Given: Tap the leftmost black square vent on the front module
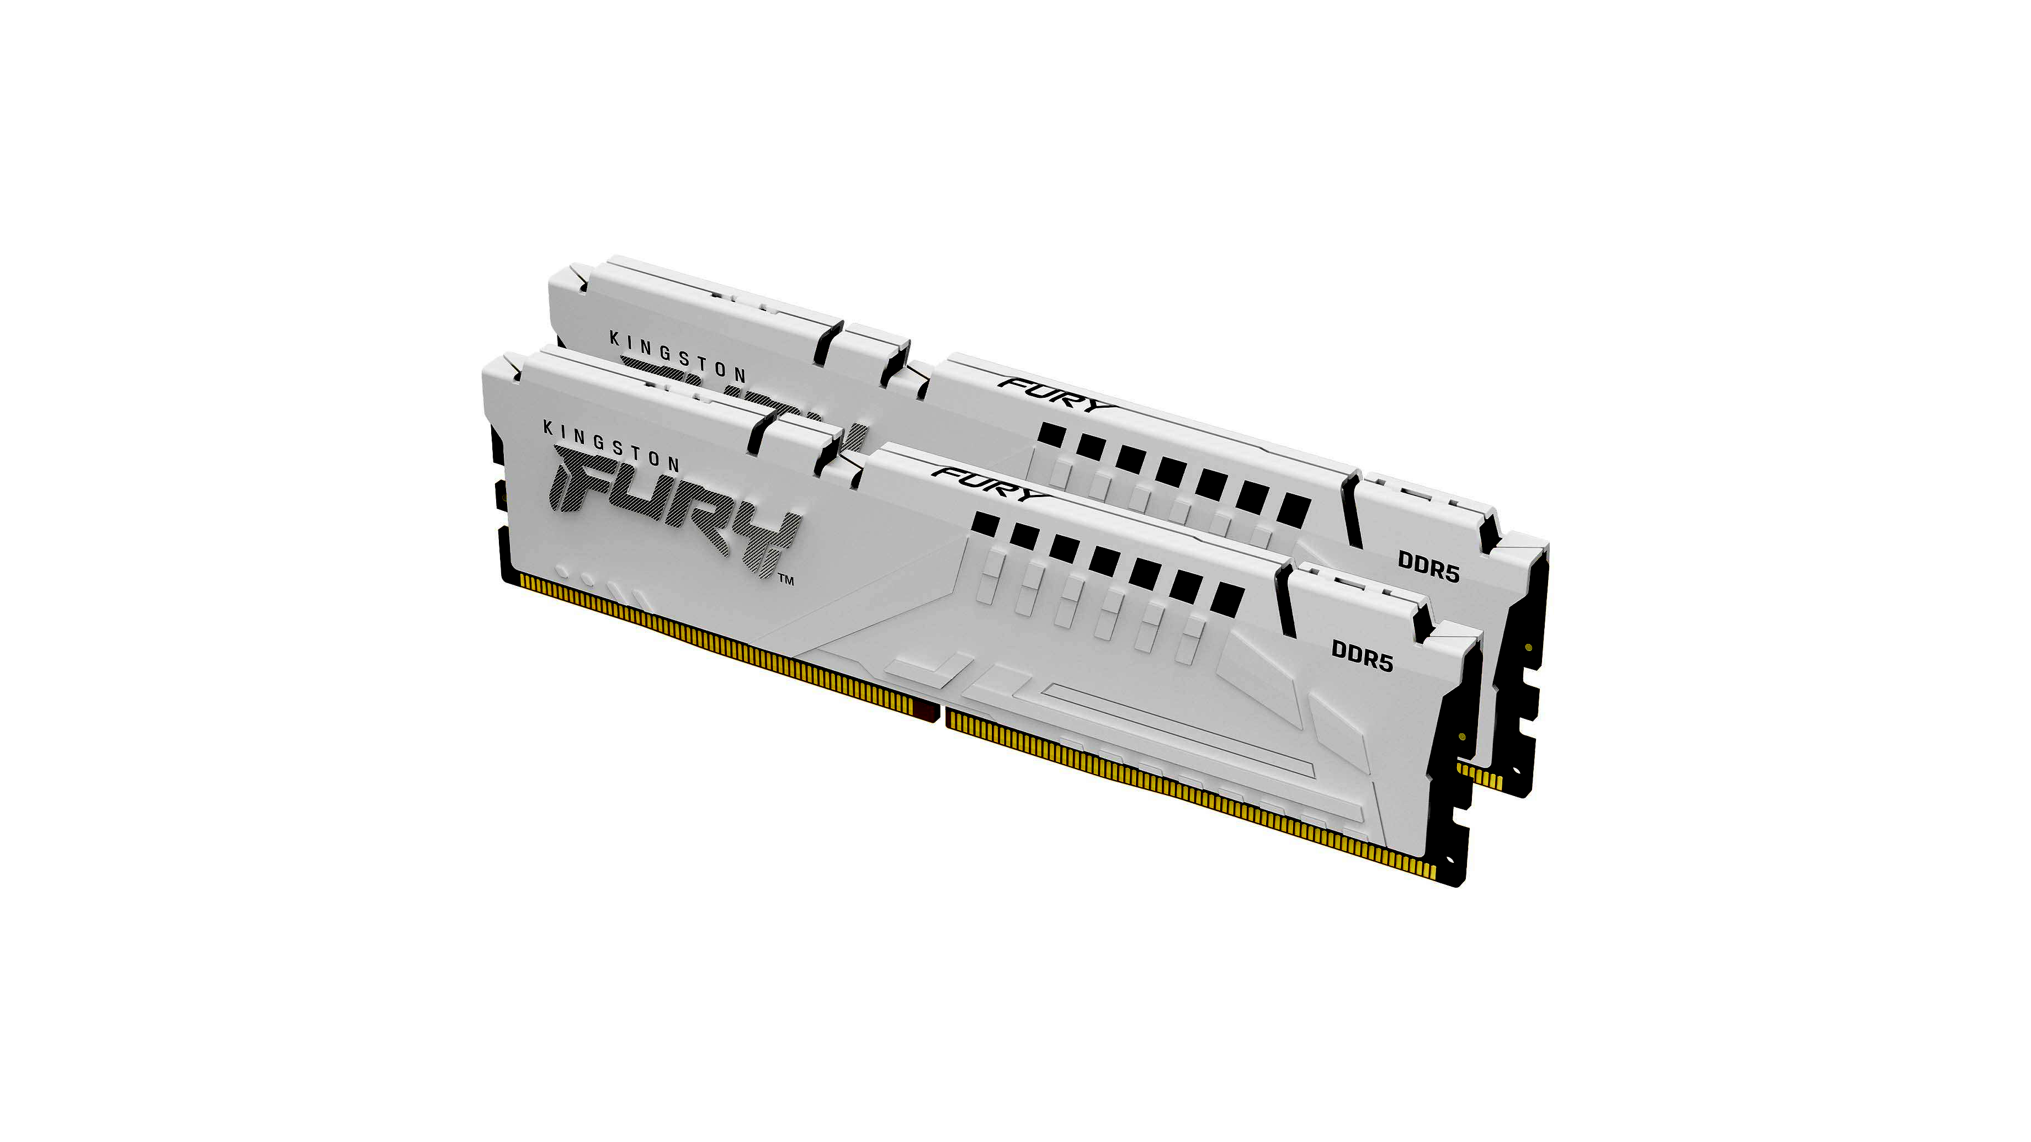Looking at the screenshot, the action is (986, 524).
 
